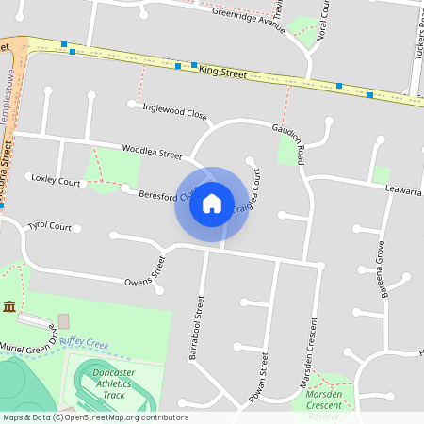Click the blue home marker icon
[x=211, y=204]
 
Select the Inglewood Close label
[x=174, y=110]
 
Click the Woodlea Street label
[x=152, y=151]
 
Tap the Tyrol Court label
[x=50, y=226]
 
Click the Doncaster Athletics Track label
[x=114, y=383]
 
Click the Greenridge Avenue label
[x=248, y=21]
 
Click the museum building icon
[x=9, y=306]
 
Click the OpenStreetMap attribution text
[x=94, y=417]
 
